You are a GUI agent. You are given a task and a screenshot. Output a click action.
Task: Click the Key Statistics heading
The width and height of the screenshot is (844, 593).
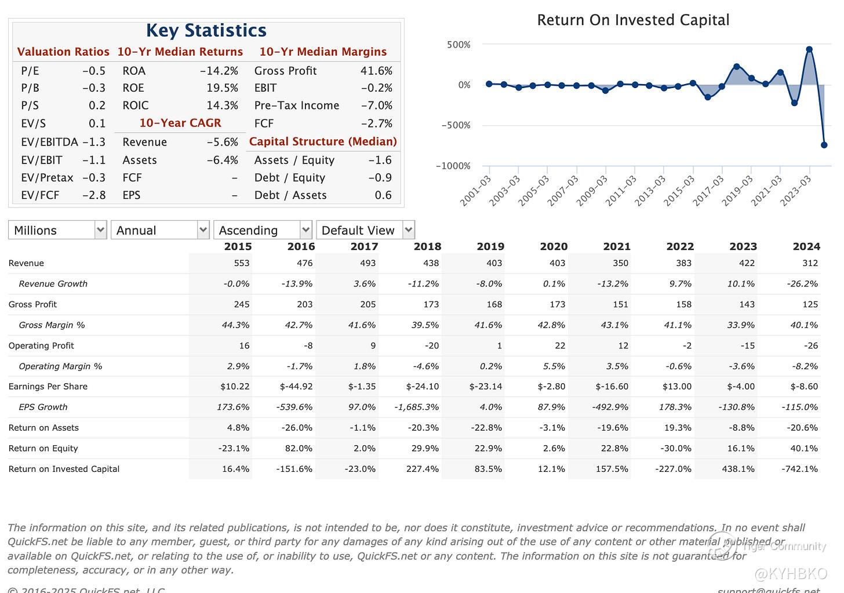206,30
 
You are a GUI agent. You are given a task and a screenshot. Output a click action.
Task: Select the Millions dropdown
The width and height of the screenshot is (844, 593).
57,230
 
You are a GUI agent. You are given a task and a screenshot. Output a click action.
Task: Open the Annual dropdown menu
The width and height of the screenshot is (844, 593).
160,230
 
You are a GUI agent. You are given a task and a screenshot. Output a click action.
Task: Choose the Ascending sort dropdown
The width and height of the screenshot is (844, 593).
263,230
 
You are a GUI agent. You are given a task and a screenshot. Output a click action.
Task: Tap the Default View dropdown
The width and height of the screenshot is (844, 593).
365,230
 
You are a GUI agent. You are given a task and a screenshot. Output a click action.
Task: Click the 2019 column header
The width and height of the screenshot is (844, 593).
490,246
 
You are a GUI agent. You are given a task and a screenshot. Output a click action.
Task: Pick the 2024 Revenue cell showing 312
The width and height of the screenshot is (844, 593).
810,263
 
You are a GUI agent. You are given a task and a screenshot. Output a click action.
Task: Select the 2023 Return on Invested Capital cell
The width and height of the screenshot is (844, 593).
738,469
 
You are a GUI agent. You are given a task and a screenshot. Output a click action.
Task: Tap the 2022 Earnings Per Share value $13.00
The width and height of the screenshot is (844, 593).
676,387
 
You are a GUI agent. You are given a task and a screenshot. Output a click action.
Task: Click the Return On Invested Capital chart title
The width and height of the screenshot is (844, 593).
633,20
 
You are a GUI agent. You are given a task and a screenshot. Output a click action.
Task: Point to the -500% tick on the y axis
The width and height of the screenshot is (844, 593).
456,125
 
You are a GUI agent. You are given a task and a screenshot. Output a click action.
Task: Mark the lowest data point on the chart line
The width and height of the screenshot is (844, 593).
824,145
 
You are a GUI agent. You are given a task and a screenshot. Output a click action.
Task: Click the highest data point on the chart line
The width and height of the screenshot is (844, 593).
809,50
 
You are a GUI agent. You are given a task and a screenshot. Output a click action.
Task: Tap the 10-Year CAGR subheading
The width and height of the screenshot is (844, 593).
180,123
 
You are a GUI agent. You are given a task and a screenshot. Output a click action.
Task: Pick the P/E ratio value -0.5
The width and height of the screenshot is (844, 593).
94,71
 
